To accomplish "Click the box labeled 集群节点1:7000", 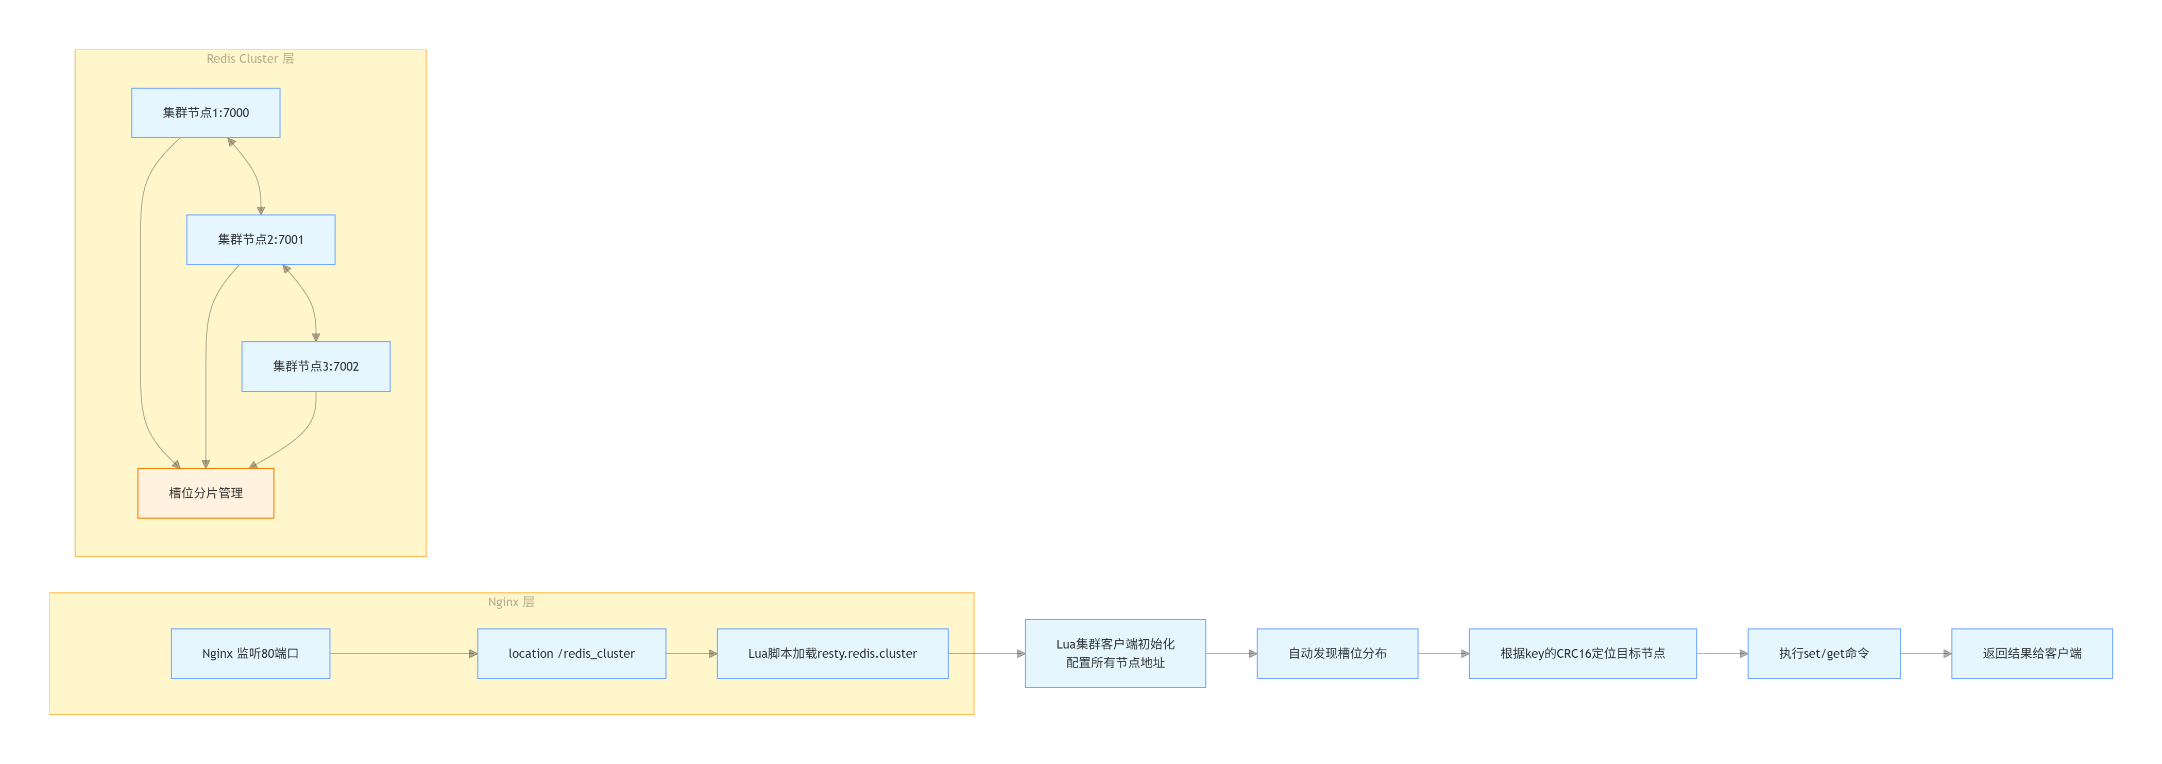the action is click(206, 112).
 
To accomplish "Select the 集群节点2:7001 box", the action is click(260, 239).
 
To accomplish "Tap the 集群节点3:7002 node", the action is click(316, 366).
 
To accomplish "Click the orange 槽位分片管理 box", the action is click(206, 493).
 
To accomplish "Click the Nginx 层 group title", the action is click(511, 602).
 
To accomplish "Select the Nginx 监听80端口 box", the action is click(250, 653).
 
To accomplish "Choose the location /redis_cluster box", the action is click(572, 653).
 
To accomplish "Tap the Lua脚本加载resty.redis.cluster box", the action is click(832, 653).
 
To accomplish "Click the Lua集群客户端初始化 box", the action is click(1115, 653).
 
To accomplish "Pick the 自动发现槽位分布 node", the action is click(1337, 653).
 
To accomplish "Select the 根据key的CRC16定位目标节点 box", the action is click(1582, 653).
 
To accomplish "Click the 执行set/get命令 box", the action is click(1824, 653).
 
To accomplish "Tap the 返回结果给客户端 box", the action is click(2031, 653).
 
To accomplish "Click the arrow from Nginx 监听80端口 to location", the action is click(403, 653).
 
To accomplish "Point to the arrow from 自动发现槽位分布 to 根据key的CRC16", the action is click(1443, 653).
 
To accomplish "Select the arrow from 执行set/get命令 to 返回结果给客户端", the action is click(1926, 653).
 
